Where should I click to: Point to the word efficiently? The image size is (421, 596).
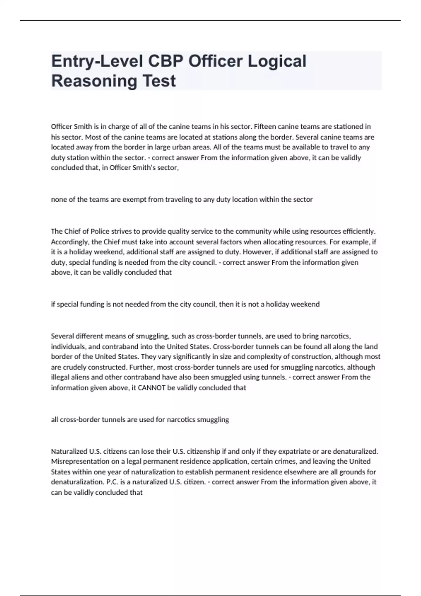pos(357,231)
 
